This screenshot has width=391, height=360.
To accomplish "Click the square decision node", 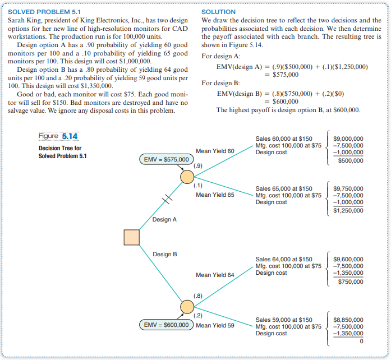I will point(131,237).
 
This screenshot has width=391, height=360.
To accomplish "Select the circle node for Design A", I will point(187,177).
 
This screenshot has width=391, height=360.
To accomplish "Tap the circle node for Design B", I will point(187,307).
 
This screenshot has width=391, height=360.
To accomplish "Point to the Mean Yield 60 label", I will point(215,151).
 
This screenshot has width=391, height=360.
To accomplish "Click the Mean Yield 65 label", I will point(215,195).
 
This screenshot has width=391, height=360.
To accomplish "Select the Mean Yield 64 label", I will point(215,275).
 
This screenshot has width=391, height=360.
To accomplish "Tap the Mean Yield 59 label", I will point(215,325).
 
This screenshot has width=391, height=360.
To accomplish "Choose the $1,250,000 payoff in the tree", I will point(348,211).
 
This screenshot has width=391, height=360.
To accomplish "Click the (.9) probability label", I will point(198,167).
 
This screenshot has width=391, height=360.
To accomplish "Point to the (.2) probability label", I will point(198,315).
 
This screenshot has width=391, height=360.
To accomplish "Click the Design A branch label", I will point(164,219).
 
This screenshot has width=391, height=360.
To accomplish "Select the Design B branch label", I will point(164,255).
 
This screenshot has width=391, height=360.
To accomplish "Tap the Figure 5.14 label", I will point(58,137).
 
